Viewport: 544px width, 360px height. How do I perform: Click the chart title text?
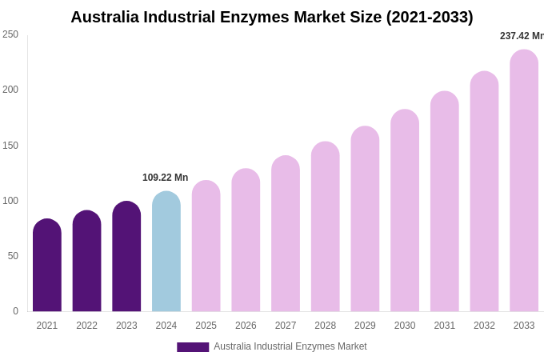point(271,17)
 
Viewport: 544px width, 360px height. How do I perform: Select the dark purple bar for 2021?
point(47,266)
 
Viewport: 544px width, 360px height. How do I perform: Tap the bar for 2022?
point(86,262)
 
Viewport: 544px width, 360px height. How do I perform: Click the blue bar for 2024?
point(166,252)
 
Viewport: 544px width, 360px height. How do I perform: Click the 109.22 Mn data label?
point(165,178)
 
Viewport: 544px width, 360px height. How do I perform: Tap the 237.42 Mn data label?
point(522,36)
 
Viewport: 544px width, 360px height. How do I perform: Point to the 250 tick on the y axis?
point(10,34)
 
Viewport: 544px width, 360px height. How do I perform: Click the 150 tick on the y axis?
point(10,146)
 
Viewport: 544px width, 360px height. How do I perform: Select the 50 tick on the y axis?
point(13,256)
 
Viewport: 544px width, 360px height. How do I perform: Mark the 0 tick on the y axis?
point(15,311)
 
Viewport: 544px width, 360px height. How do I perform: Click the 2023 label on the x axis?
point(126,326)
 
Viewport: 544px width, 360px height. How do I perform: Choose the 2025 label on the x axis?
point(206,326)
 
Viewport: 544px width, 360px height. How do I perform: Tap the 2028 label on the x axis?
point(326,326)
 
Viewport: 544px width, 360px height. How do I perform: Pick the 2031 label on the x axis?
point(445,326)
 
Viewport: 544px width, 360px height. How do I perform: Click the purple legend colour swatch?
point(193,347)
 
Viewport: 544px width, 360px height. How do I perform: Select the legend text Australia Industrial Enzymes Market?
point(290,346)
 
